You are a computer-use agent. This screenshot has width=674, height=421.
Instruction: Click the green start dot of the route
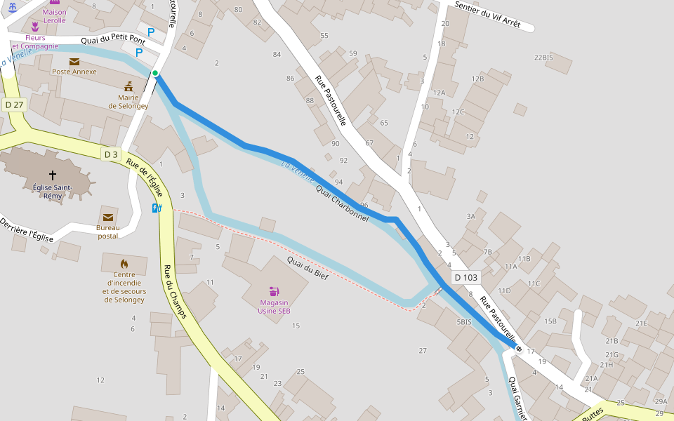point(155,73)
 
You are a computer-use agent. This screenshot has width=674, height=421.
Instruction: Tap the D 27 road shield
point(14,105)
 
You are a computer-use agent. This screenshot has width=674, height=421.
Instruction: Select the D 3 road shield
point(111,154)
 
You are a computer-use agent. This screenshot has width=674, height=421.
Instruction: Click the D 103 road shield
point(466,277)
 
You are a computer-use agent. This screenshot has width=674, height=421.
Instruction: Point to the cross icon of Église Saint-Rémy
point(53,175)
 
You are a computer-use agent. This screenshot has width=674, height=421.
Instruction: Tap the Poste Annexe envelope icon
point(74,62)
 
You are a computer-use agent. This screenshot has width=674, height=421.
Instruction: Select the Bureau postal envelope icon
point(108,218)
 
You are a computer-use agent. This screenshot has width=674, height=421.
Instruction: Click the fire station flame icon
point(124,264)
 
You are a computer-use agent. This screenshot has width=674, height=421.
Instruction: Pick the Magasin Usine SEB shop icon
point(274,291)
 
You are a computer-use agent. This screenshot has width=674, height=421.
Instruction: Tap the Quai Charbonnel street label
point(342,203)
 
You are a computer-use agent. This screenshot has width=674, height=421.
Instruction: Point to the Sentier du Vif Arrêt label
point(487,14)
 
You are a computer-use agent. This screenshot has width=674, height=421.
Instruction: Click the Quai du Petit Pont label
point(113,41)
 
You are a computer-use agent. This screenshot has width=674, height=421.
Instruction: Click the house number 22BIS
point(543,58)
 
